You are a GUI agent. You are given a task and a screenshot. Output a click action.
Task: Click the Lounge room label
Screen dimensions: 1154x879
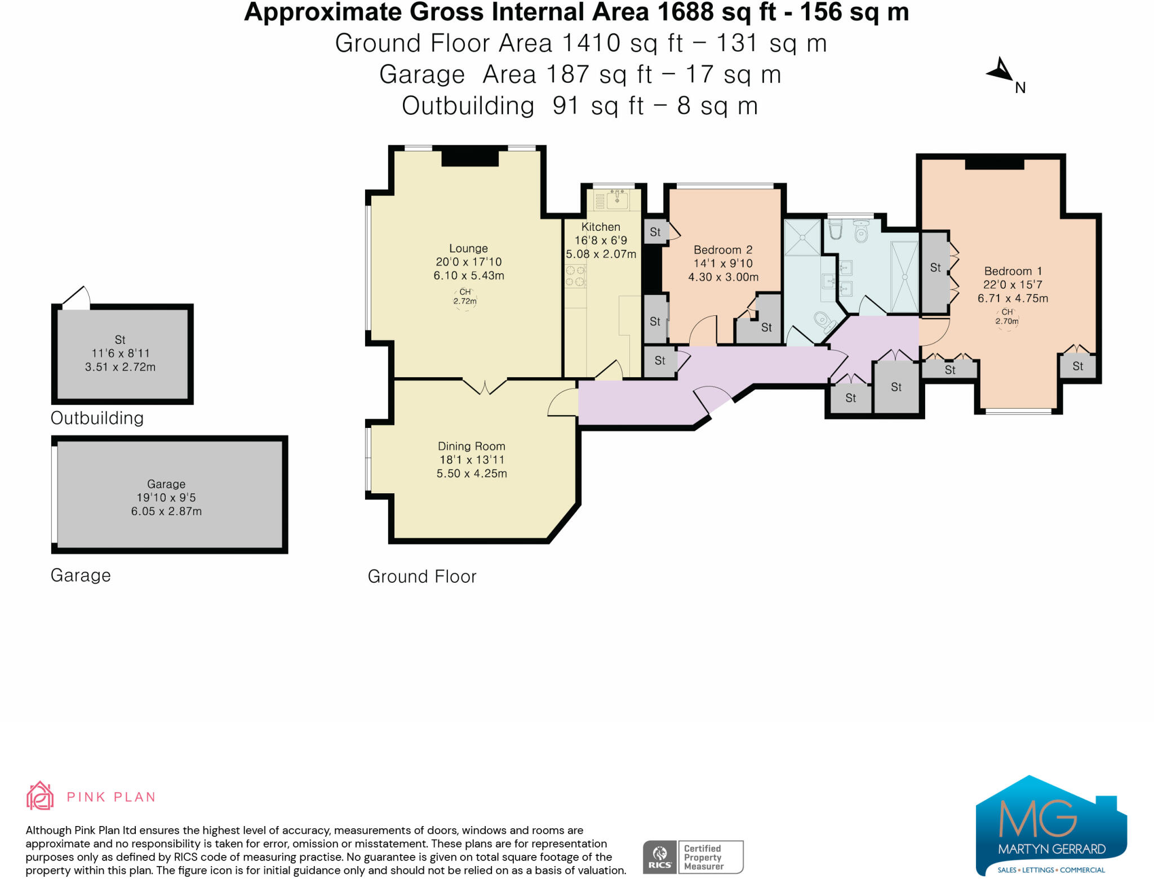click(x=468, y=248)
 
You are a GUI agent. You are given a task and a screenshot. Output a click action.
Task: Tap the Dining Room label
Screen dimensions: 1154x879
click(x=472, y=446)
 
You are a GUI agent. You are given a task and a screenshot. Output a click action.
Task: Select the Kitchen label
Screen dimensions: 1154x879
click(x=601, y=227)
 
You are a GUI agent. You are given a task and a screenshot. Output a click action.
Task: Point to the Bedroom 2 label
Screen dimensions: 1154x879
click(x=723, y=249)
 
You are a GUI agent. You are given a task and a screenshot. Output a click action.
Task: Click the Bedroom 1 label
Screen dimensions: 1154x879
click(x=1013, y=271)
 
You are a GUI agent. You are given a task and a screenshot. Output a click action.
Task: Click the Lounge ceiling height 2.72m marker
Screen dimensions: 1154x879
click(x=465, y=297)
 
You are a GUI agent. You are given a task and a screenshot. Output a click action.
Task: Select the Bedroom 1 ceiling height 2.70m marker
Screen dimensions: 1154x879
click(x=1007, y=317)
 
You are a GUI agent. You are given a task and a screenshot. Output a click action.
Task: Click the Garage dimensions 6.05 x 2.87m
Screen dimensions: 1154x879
click(x=166, y=511)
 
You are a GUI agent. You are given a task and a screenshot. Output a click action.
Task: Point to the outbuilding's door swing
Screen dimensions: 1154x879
click(x=78, y=297)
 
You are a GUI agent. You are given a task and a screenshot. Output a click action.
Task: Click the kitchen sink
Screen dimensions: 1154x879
click(x=618, y=199)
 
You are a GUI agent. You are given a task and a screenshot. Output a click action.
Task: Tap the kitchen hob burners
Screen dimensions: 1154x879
click(x=575, y=276)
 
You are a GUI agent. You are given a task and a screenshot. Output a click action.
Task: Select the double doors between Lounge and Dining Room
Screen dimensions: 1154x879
click(x=485, y=386)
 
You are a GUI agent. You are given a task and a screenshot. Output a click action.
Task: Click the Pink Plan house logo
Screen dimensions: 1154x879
click(x=40, y=796)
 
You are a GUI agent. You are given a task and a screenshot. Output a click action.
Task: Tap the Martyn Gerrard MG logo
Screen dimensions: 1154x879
click(x=1051, y=826)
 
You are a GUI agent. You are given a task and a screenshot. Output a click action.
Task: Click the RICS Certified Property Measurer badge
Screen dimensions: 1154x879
click(x=693, y=857)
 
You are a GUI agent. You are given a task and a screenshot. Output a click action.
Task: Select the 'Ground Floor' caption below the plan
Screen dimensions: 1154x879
click(x=422, y=577)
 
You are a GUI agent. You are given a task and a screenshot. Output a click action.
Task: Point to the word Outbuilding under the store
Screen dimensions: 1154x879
click(x=97, y=418)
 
